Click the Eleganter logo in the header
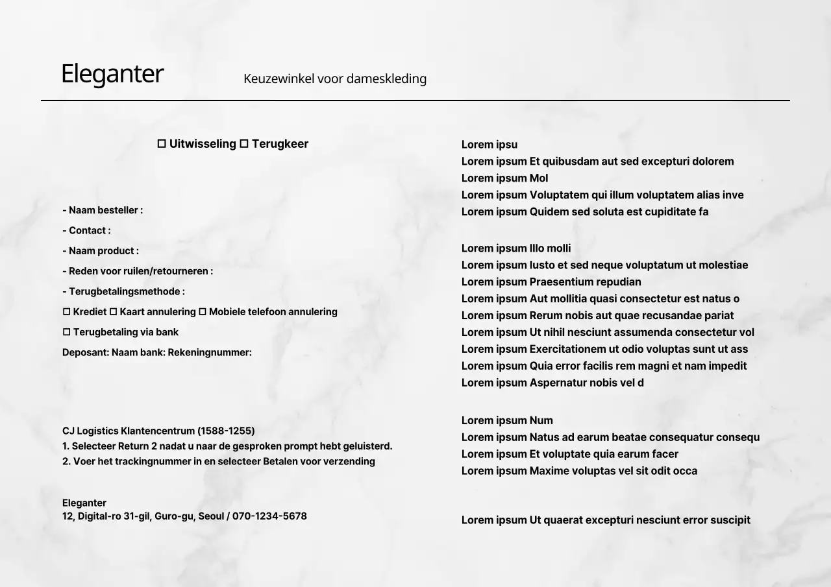[112, 74]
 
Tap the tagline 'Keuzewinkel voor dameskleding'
[335, 78]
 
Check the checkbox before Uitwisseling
[162, 144]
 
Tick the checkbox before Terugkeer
[244, 144]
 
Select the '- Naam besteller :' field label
[103, 210]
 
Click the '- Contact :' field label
[86, 230]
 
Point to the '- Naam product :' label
[101, 250]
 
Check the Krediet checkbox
[66, 312]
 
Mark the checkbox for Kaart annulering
[113, 312]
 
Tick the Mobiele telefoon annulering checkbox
[202, 312]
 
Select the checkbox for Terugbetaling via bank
[66, 332]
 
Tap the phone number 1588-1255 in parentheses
[226, 431]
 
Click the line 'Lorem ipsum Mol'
[504, 178]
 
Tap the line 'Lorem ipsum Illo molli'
[516, 248]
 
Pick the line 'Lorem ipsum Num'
[507, 420]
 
